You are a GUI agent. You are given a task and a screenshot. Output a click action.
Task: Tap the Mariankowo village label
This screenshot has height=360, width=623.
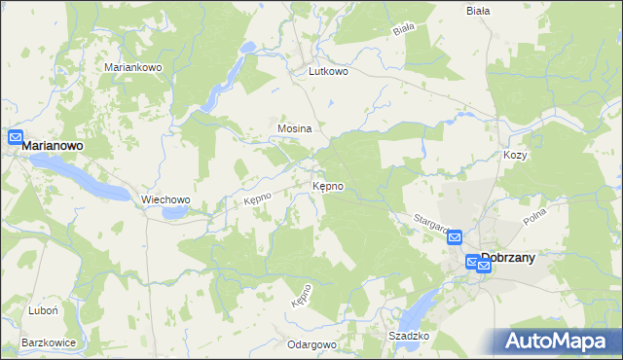tap(132, 67)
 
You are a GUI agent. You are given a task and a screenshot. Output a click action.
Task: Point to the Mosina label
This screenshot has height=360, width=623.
tap(294, 128)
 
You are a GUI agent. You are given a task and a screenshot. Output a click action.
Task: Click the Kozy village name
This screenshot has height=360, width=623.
tap(515, 155)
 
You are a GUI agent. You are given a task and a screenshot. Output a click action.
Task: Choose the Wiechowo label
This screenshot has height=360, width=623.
tap(165, 199)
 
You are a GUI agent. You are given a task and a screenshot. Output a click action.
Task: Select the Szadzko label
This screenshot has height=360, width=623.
tap(409, 336)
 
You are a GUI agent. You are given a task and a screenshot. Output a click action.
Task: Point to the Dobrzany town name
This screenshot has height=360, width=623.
tap(523, 259)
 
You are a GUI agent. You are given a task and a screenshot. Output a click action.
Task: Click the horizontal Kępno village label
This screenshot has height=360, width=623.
tap(327, 185)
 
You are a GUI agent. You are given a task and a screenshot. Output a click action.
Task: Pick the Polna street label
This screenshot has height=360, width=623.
tap(563, 217)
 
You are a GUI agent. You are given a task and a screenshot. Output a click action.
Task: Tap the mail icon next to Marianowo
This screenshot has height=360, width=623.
tap(16, 137)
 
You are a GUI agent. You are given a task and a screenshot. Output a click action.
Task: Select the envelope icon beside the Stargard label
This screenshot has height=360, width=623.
tap(455, 236)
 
